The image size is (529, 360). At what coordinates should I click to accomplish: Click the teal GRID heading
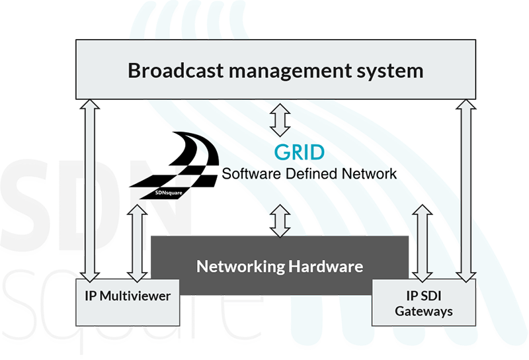300,152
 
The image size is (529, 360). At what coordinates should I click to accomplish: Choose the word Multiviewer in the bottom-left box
135,296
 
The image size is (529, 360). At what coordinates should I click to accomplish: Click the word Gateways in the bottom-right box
424,310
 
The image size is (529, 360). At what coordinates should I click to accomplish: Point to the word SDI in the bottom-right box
432,295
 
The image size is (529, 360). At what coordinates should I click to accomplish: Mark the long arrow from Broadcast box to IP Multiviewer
88,189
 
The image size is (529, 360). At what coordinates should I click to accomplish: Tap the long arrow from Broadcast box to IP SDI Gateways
466,189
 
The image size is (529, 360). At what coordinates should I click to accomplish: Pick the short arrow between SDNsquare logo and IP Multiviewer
137,242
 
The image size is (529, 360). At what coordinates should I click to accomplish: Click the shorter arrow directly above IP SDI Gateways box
422,242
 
